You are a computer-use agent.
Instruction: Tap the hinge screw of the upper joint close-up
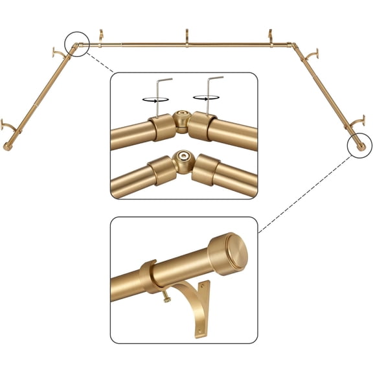tap(181, 120)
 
